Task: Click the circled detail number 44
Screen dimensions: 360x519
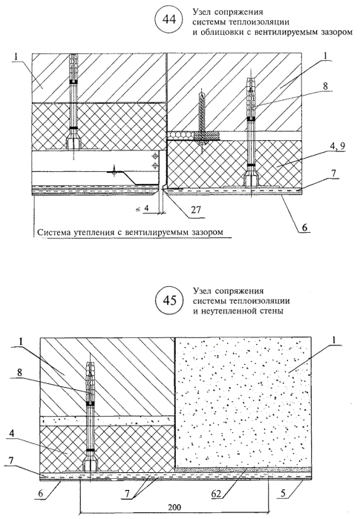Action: point(168,20)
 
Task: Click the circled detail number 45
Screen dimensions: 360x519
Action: point(169,300)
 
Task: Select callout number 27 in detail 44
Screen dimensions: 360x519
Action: point(196,210)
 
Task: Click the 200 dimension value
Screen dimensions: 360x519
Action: point(174,506)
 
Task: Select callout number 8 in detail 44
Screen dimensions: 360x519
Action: point(326,86)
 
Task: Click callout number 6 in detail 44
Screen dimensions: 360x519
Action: point(304,228)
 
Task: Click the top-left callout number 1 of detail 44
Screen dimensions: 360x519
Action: point(16,57)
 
